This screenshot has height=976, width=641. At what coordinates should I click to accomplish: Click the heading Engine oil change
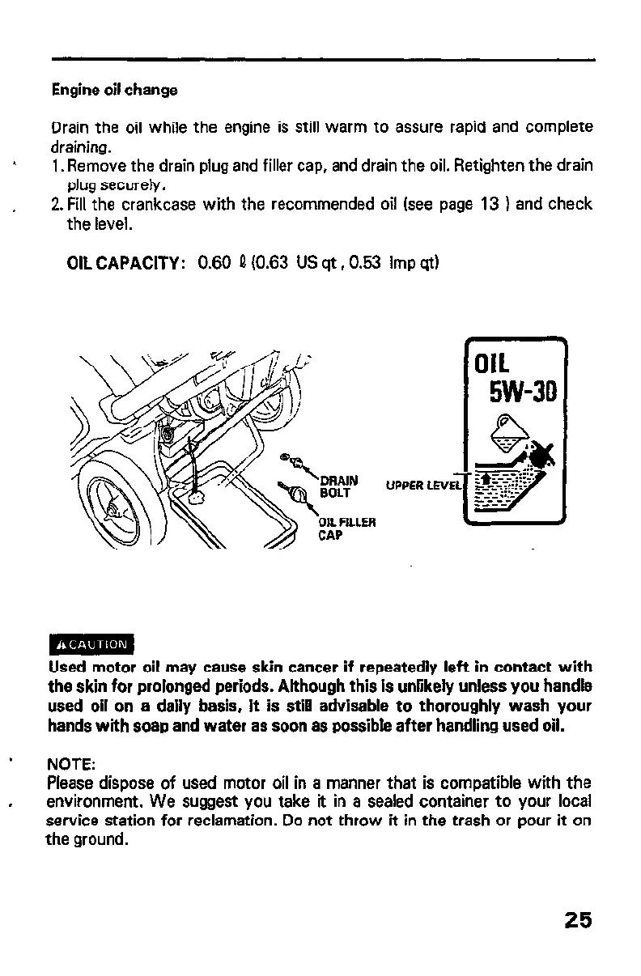tap(114, 90)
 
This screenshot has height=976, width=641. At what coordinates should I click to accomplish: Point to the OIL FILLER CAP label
tap(341, 528)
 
